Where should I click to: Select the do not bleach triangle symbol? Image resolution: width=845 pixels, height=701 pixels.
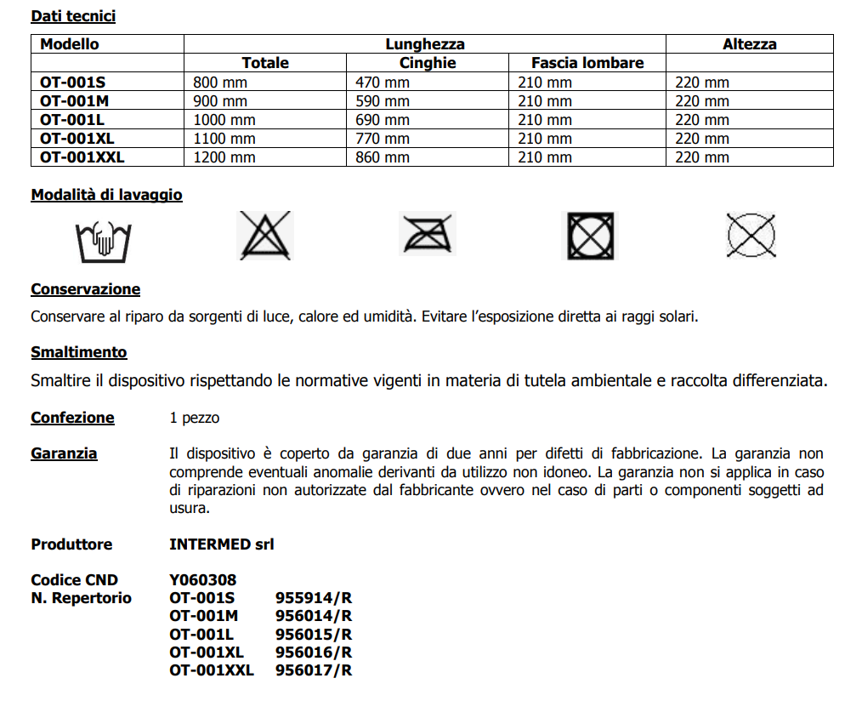[x=264, y=236]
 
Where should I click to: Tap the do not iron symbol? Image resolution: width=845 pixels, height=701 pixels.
[x=428, y=234]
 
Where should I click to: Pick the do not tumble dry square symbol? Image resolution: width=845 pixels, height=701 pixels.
[x=590, y=236]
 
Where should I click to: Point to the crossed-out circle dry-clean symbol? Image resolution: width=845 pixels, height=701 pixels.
[x=751, y=235]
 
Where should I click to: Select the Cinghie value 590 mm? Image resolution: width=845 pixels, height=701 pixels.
[x=383, y=101]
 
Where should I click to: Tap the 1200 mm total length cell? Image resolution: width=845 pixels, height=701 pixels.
[x=224, y=157]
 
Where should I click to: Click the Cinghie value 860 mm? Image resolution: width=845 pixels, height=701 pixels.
[x=383, y=157]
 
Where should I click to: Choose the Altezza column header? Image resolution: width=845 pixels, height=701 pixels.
[x=749, y=44]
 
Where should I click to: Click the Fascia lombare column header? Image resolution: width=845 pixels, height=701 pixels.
[x=587, y=63]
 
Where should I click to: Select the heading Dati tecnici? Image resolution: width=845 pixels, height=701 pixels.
[x=73, y=16]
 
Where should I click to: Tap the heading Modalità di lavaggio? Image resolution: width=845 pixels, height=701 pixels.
[x=106, y=195]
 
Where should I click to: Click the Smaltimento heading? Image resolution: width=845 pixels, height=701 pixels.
[x=79, y=351]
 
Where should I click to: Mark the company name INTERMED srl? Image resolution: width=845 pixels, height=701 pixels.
[x=222, y=544]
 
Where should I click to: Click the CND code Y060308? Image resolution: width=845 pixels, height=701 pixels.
[x=203, y=580]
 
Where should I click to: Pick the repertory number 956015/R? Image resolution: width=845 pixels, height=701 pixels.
[x=314, y=635]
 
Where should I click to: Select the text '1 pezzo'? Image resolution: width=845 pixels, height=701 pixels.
[x=195, y=418]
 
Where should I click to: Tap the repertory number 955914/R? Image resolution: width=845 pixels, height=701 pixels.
[x=314, y=598]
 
